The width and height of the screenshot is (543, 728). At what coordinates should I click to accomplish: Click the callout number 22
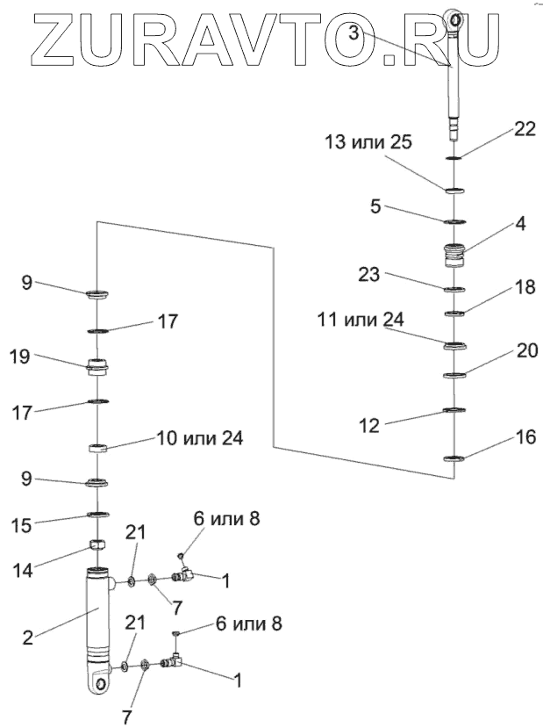point(524,129)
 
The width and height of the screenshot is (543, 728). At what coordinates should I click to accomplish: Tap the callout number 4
point(520,224)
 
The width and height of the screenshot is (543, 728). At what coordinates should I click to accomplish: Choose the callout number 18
point(524,288)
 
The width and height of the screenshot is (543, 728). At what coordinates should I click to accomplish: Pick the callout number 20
point(526,350)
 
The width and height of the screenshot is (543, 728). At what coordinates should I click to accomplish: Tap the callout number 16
point(523,436)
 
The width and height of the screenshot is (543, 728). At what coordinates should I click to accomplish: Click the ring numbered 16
point(454,458)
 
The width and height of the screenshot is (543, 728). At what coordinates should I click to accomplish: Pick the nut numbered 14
point(99,549)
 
